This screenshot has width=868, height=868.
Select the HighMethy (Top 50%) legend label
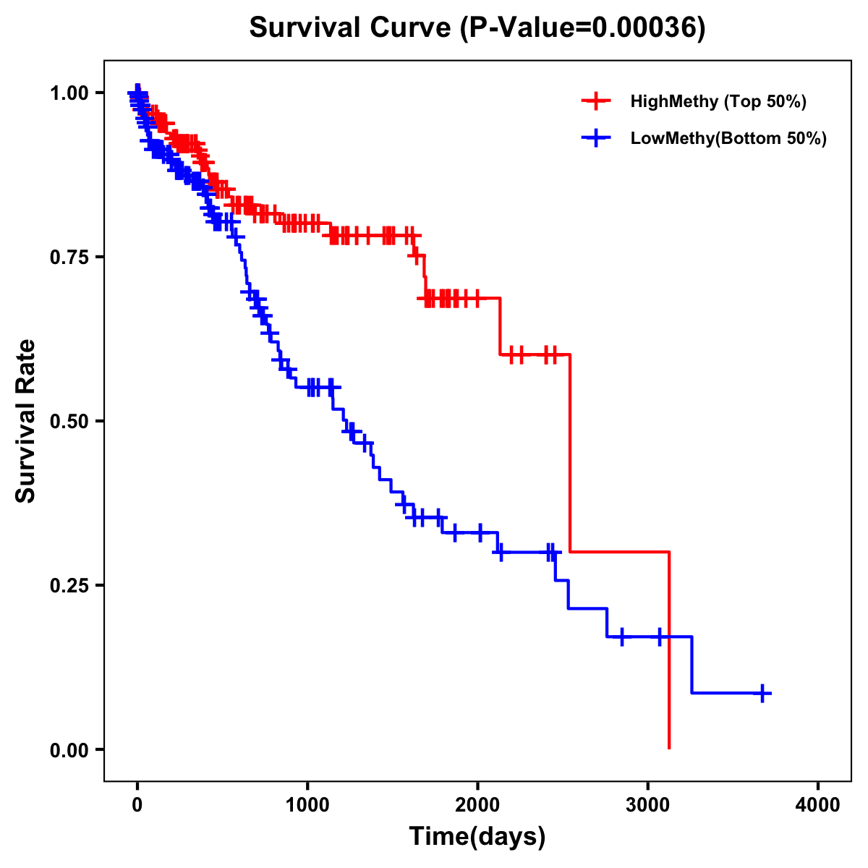coord(718,101)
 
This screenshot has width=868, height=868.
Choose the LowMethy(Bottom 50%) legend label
coord(728,138)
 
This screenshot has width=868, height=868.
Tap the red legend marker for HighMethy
coord(596,101)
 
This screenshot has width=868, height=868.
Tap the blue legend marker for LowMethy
coord(596,138)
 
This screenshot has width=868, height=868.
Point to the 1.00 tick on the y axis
coord(69,93)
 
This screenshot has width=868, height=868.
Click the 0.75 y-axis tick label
coord(69,257)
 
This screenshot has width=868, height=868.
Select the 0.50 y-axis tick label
coord(69,421)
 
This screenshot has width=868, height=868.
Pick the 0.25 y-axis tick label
coord(69,585)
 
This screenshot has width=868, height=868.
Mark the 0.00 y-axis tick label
coord(69,749)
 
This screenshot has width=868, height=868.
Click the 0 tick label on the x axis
coord(137,805)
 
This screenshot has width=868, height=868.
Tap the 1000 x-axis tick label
coord(307,805)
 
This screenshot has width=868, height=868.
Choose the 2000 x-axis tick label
coord(477,805)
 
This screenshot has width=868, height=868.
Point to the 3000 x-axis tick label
coord(648,805)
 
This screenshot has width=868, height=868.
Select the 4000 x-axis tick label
coord(818,805)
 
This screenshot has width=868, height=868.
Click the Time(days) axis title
coord(477,837)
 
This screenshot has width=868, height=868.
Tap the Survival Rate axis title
coord(26,421)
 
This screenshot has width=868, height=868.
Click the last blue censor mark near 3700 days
coord(762,693)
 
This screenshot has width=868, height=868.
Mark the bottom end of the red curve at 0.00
coord(669,747)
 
